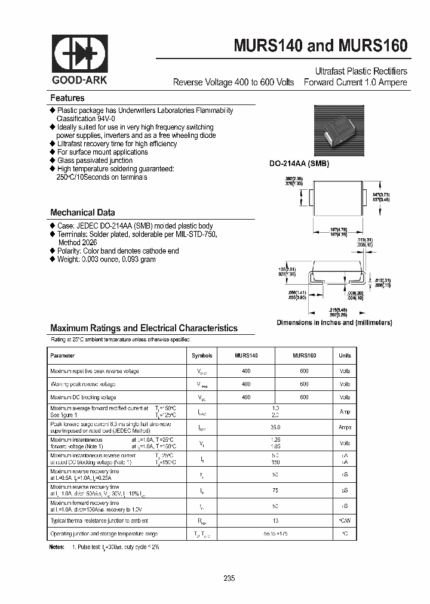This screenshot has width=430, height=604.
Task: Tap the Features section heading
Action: coord(67,98)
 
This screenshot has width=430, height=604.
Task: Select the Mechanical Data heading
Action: coord(82,212)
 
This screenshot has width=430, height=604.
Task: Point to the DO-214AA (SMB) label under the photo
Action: coord(303,164)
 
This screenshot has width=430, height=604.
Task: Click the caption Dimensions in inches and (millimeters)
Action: coord(334,323)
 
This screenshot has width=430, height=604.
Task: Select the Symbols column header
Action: coord(202,356)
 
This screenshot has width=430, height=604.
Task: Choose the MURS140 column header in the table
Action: coord(246,356)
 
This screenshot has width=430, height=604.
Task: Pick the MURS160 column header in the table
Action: coord(304,356)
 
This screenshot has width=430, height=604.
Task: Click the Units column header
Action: coord(345,356)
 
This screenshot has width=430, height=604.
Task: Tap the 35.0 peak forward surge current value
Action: coord(275,427)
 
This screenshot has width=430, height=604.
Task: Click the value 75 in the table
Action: coord(275,491)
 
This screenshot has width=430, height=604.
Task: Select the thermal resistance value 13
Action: coord(275,520)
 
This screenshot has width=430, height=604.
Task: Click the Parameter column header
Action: coord(63,356)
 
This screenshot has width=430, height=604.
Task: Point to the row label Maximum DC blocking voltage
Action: coord(84,397)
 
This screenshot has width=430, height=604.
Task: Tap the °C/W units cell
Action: coord(345,520)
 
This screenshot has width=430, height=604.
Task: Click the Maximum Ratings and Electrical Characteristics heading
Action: coord(144,328)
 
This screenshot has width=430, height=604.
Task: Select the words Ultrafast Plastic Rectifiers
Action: coord(361,71)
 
